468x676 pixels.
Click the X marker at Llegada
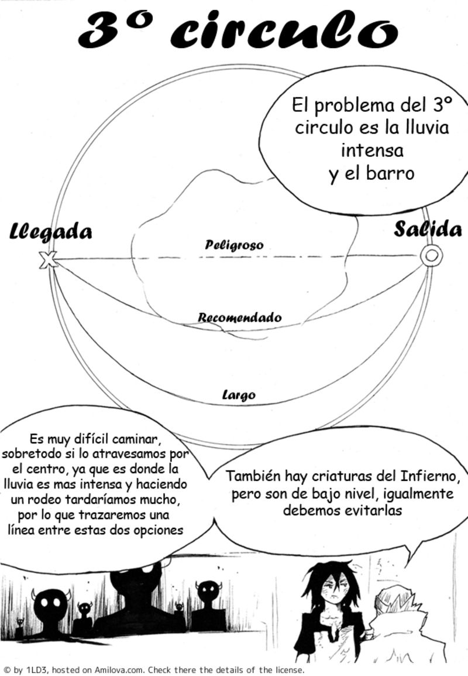48,260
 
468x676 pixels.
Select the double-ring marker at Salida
431,255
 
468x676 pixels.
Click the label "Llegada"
50,231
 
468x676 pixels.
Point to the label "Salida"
428,228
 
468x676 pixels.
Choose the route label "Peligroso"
234,245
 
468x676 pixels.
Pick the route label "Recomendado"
239,317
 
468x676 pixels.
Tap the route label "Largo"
239,394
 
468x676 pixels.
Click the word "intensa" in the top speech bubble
372,150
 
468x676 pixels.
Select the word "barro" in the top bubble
390,173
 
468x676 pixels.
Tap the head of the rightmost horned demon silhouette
209,593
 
